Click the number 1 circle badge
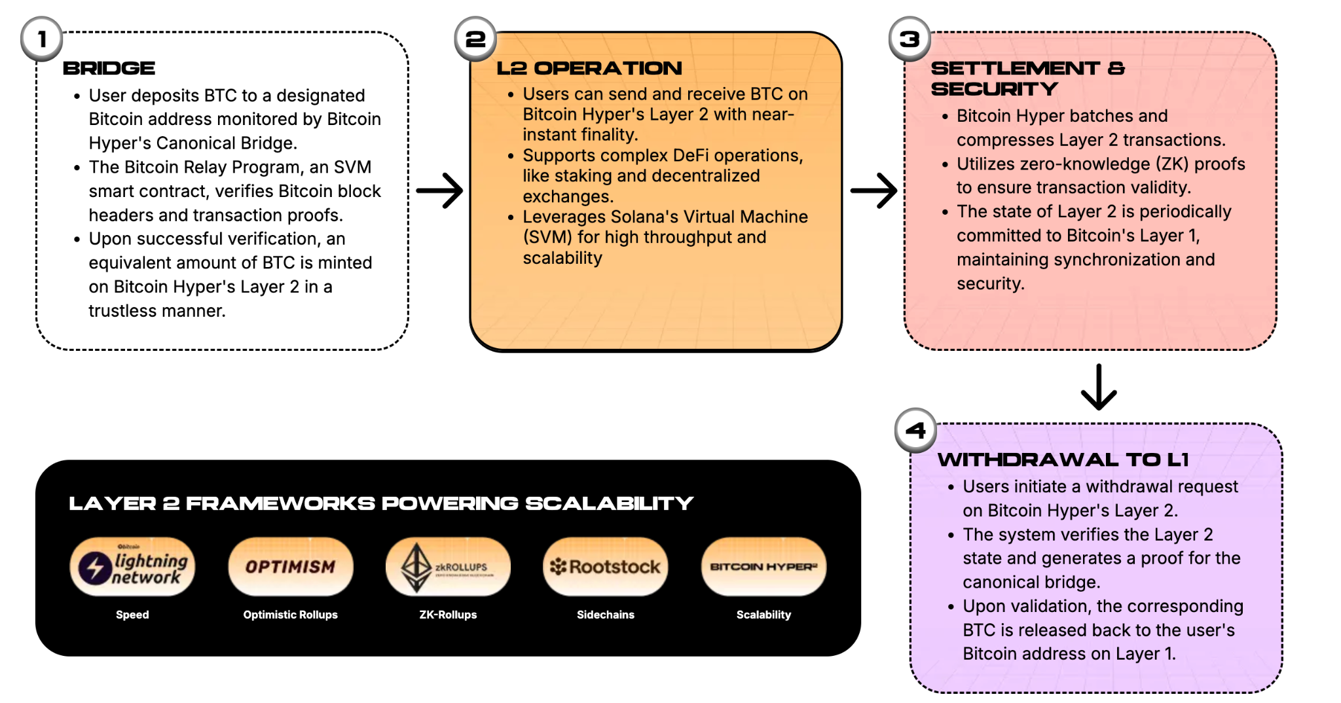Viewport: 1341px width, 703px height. point(42,39)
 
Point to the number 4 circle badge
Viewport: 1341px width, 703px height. point(915,431)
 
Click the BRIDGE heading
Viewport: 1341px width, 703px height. point(109,68)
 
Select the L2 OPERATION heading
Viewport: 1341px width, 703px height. point(589,68)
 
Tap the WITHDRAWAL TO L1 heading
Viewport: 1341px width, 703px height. point(1063,460)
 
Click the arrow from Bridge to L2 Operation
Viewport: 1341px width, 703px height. point(439,190)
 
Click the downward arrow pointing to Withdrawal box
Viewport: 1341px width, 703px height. point(1099,388)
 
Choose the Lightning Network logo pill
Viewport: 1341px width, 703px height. point(132,567)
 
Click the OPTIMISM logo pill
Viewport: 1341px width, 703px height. point(290,567)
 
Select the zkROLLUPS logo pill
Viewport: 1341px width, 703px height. point(448,567)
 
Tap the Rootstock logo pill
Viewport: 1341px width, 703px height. point(606,567)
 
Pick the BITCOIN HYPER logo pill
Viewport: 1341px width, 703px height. point(763,567)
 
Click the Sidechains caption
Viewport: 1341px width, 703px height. point(606,615)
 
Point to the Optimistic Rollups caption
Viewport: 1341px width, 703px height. point(290,615)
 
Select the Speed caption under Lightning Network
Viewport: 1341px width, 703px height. point(132,615)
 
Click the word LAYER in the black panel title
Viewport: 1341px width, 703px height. point(112,503)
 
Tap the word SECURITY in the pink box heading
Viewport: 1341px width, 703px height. point(994,89)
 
